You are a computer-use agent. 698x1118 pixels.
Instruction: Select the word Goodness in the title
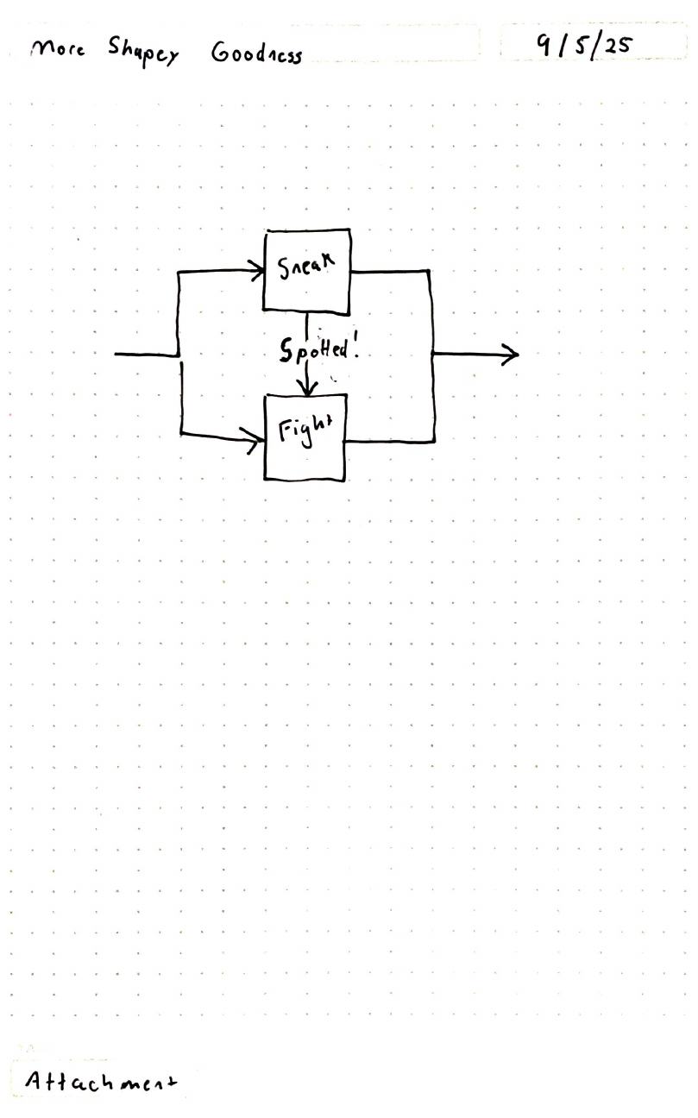coord(256,53)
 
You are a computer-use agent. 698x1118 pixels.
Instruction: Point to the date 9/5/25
coord(582,45)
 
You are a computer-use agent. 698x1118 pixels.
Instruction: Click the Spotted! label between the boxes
coord(318,349)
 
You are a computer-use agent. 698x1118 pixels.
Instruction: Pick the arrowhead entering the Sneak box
coord(258,270)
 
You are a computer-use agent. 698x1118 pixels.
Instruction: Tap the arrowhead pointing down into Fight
coord(306,388)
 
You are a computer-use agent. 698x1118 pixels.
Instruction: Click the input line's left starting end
coord(116,354)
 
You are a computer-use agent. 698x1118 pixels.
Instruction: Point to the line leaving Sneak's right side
coord(388,271)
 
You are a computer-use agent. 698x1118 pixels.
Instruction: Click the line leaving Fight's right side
coord(388,442)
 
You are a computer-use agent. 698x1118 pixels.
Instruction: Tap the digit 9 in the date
coord(544,43)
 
